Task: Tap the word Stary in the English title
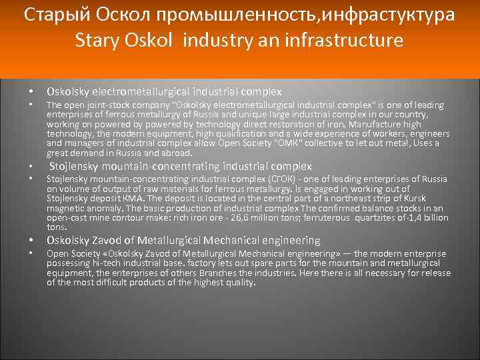pos(100,41)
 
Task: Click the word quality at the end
pos(239,283)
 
